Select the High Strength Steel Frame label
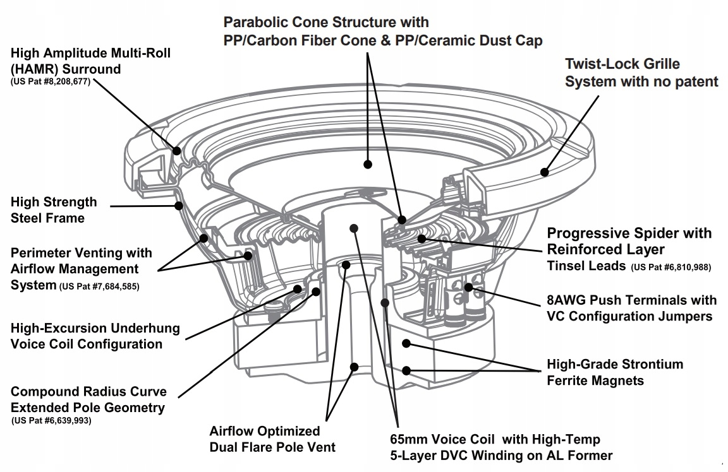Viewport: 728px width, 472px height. [54, 210]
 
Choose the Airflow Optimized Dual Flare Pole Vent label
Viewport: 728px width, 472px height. [273, 439]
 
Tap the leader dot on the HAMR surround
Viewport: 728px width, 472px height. [177, 151]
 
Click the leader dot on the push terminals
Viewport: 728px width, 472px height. [468, 287]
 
